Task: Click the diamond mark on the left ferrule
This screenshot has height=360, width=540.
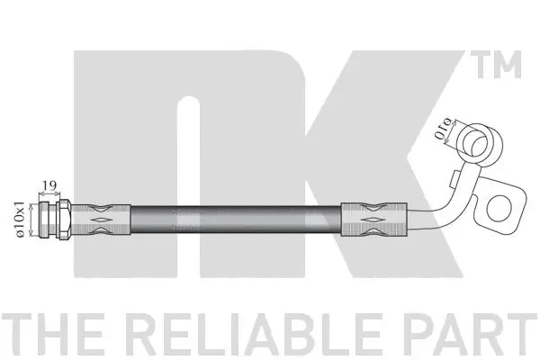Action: [102, 218]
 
